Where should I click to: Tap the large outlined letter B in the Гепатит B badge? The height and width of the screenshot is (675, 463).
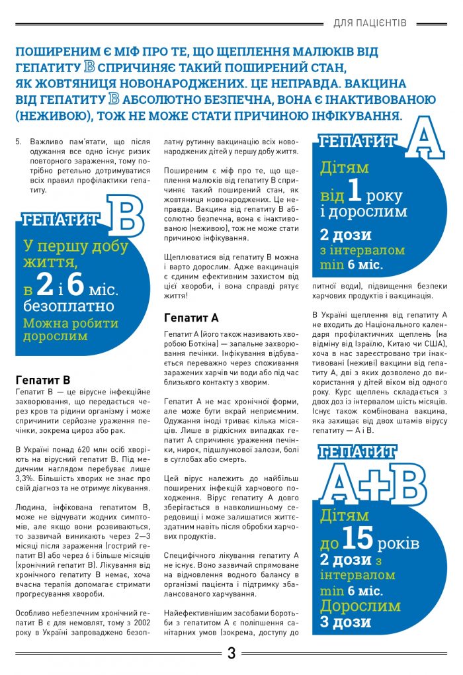[124, 216]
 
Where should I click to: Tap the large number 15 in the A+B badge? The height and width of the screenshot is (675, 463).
[358, 539]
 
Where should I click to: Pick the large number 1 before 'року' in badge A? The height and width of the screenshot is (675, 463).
[355, 192]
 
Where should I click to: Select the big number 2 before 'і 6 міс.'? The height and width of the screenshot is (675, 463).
[45, 284]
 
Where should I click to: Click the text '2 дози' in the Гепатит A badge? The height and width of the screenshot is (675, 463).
[345, 235]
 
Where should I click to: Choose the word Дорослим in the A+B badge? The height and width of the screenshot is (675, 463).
[360, 606]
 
